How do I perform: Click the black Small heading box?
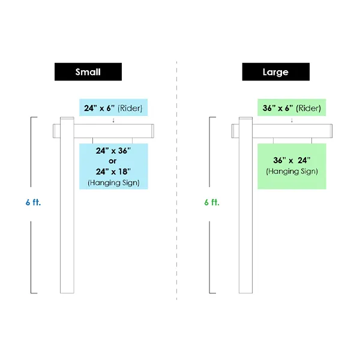[x=88, y=71]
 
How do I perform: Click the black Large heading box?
[x=276, y=71]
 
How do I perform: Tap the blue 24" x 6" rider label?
[x=113, y=107]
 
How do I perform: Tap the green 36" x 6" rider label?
[x=292, y=107]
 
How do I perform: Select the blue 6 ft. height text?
[x=33, y=202]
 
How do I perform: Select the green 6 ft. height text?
[x=212, y=202]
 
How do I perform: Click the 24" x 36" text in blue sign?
[x=113, y=151]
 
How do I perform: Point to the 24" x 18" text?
[x=113, y=171]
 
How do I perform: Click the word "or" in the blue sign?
[x=113, y=161]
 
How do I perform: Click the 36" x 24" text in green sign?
[x=292, y=160]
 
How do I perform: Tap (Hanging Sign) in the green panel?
[x=292, y=172]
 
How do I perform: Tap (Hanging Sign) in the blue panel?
[x=113, y=183]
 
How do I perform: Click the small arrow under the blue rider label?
[x=113, y=121]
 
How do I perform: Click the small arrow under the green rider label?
[x=292, y=121]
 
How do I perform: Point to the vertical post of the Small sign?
[x=67, y=205]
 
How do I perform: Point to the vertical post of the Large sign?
[x=245, y=205]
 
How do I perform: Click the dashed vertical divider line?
[x=176, y=181]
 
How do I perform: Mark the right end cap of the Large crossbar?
[x=331, y=131]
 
